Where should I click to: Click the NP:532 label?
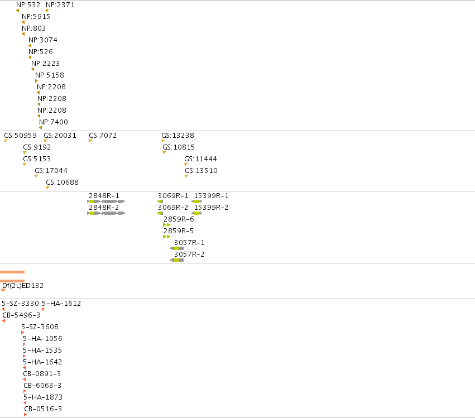click(28, 5)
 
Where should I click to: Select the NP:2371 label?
click(60, 5)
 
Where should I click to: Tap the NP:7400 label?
click(54, 122)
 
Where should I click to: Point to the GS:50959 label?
click(20, 136)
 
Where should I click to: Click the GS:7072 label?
click(103, 136)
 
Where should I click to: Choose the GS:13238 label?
click(177, 136)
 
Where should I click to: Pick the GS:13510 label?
click(201, 171)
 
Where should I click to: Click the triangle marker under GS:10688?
click(47, 188)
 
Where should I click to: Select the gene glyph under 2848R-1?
click(106, 201)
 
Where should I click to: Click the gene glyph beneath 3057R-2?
click(176, 260)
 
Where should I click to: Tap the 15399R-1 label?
click(211, 196)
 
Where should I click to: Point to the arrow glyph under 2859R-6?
click(167, 225)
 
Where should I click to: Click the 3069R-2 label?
click(173, 208)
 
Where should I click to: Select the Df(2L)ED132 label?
click(23, 286)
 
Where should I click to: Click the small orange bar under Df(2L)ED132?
click(3, 290)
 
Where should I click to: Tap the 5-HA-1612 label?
click(61, 304)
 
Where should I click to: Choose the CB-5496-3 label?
click(21, 315)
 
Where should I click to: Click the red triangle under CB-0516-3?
click(26, 415)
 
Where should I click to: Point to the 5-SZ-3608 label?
click(40, 327)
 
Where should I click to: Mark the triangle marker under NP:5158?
click(37, 81)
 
